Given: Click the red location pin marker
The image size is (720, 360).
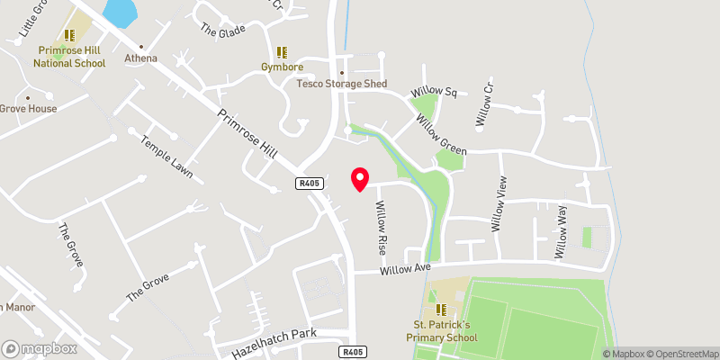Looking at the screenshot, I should click(x=360, y=179).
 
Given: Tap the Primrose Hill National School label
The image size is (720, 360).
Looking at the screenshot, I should click(x=69, y=58).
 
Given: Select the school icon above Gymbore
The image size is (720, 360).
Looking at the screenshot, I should click(x=282, y=52).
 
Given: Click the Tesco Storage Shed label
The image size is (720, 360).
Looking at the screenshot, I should click(x=342, y=84).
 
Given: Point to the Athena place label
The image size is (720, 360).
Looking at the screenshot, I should click(x=140, y=58).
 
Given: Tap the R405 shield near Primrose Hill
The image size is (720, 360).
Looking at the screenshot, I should click(x=309, y=183).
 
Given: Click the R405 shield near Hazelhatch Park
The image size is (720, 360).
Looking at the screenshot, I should click(x=352, y=351).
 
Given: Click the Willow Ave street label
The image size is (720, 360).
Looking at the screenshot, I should click(x=406, y=269).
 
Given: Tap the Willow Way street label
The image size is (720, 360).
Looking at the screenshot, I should click(x=562, y=231).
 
